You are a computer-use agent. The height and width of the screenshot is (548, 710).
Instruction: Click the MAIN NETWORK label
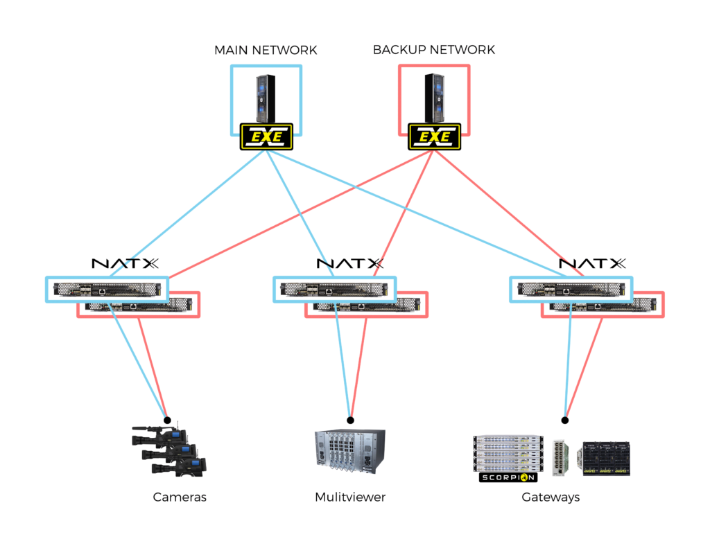click(x=266, y=50)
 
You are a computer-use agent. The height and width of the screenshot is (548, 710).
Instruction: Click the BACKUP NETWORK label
click(x=434, y=50)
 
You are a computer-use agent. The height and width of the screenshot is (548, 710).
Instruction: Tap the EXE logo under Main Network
click(x=267, y=136)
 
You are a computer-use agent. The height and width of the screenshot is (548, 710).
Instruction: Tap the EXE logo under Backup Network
click(x=434, y=136)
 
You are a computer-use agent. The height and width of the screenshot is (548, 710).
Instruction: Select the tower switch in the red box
click(x=435, y=97)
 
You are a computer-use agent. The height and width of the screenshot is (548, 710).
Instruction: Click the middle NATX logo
click(x=350, y=263)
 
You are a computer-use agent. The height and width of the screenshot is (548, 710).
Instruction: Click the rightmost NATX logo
click(x=593, y=263)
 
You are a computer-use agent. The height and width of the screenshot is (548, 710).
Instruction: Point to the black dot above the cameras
click(x=166, y=420)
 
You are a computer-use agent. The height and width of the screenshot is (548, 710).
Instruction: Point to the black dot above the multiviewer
click(x=350, y=420)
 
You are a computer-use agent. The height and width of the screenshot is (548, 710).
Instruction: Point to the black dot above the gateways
click(x=565, y=420)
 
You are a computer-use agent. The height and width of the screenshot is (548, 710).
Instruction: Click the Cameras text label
click(x=180, y=497)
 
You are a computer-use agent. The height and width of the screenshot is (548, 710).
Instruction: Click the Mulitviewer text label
click(x=350, y=497)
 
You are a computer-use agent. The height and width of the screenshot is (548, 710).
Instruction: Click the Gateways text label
click(x=551, y=497)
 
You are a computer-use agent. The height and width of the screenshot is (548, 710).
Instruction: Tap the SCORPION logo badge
click(x=508, y=477)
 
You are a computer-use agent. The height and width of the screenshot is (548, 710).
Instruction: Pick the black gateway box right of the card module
click(x=606, y=458)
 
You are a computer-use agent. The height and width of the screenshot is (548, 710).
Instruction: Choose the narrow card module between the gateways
click(x=561, y=457)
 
